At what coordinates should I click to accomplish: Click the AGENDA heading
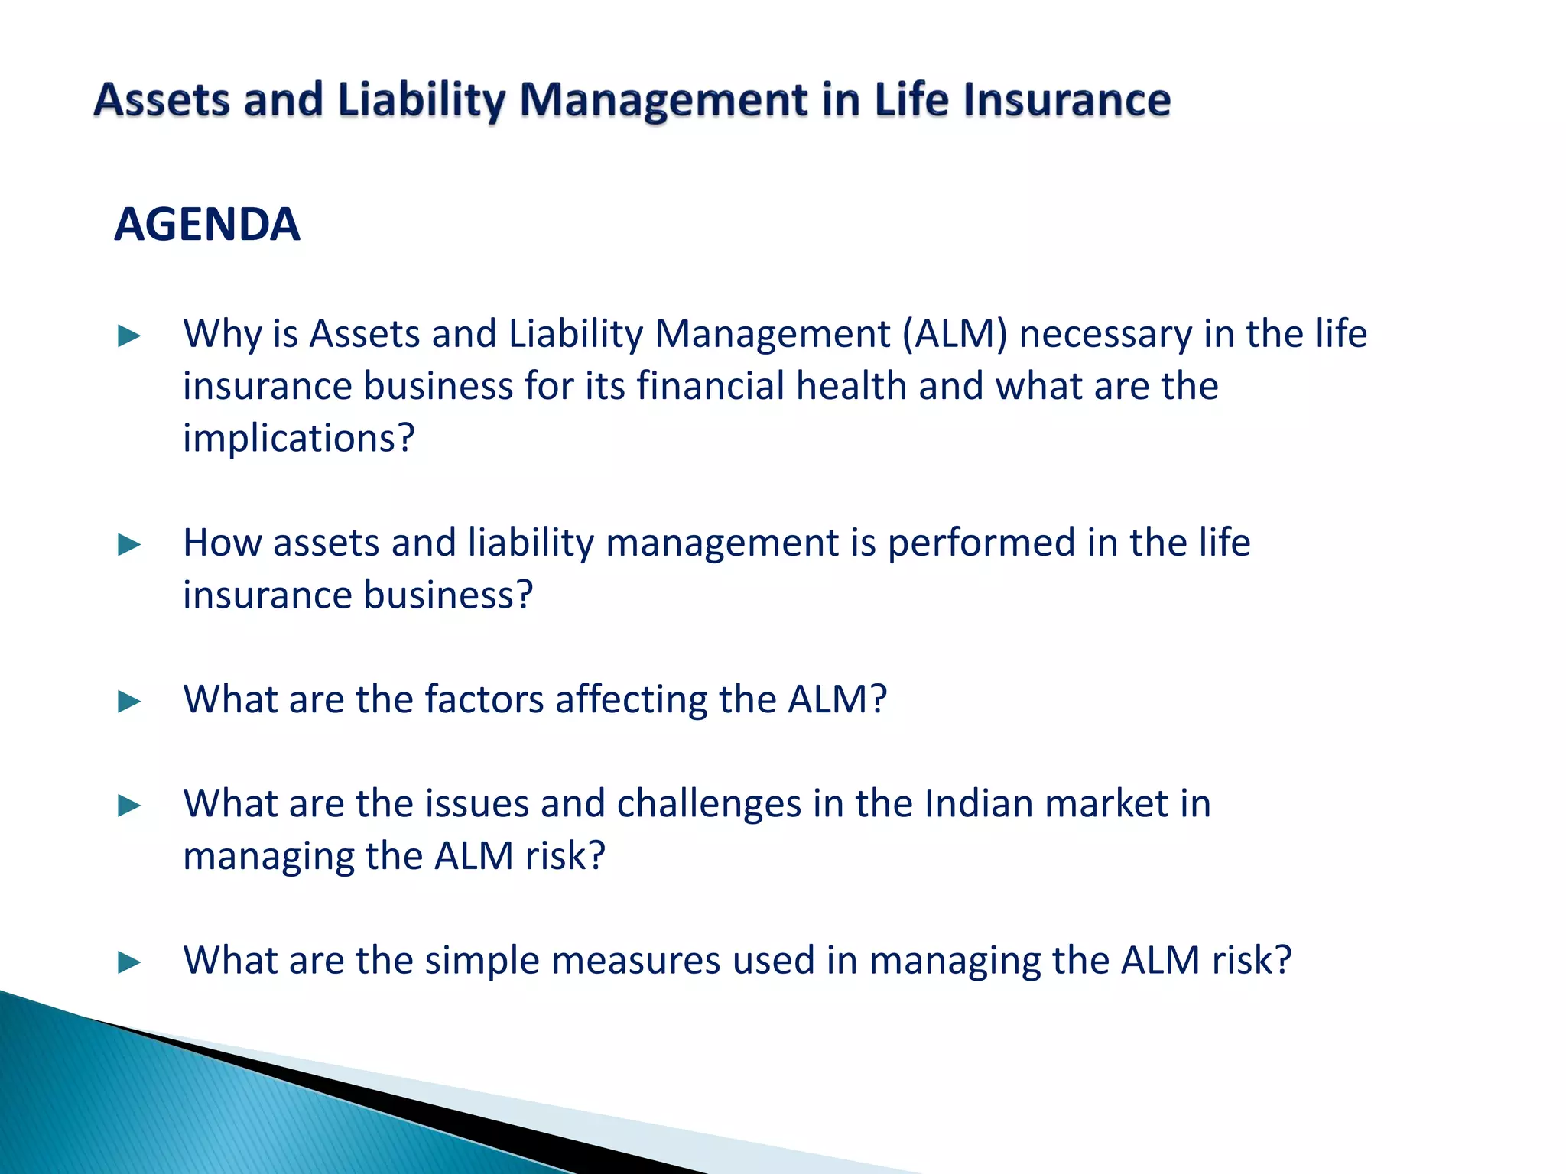coord(206,225)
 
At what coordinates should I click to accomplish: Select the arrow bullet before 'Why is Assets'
coord(129,336)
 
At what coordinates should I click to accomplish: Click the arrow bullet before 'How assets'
coord(129,545)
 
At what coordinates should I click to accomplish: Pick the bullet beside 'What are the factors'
coord(129,702)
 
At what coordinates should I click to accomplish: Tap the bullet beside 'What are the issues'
coord(129,806)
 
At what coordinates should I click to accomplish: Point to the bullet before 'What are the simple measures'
coord(129,962)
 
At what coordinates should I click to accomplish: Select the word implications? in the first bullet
coord(298,439)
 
